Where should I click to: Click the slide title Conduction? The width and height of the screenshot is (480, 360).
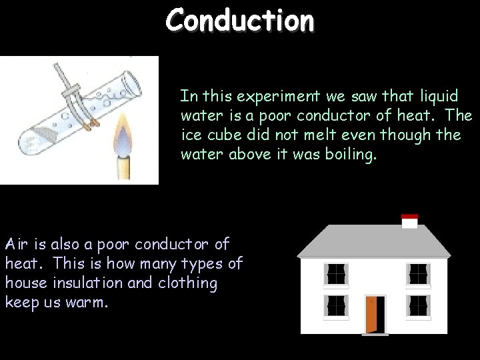coord(239,19)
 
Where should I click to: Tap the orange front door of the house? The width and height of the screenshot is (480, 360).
coord(375,314)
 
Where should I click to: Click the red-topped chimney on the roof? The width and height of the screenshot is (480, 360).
coord(409,221)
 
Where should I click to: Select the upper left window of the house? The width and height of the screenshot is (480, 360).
coord(336,273)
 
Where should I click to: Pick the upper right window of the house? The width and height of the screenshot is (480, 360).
coord(418,273)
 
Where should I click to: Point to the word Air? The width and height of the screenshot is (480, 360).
coord(17,244)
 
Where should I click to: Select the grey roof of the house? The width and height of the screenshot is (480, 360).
coord(373,241)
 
